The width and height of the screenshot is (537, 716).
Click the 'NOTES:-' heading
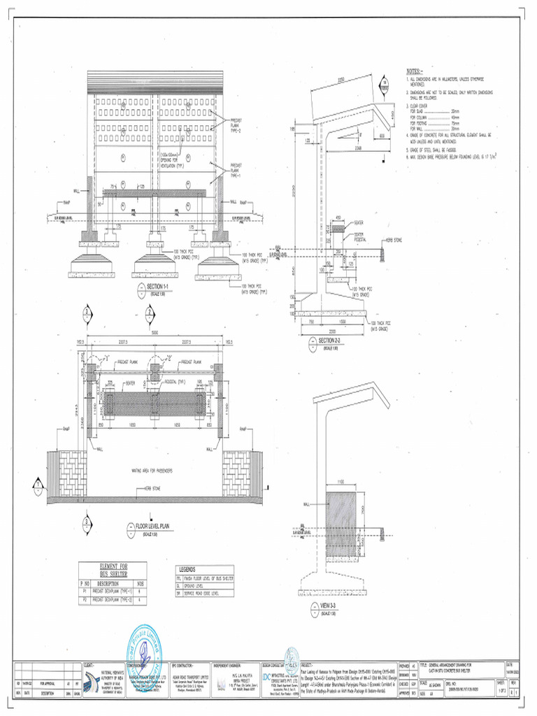click(x=415, y=71)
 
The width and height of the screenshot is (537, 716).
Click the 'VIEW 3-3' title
click(x=329, y=605)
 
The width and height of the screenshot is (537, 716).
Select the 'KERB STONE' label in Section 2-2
click(x=392, y=241)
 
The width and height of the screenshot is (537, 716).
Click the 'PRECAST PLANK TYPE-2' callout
click(x=236, y=125)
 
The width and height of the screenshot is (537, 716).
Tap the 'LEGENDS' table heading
click(x=187, y=569)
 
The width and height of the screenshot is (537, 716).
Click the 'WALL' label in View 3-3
click(x=306, y=503)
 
